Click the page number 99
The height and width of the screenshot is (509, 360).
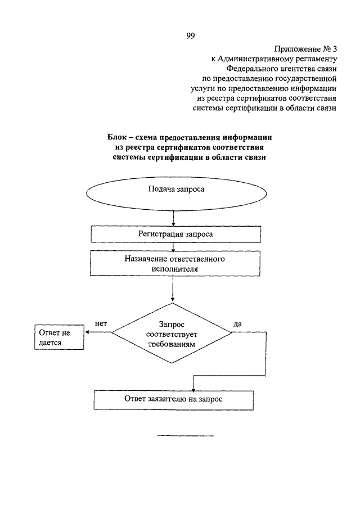[x=191, y=35]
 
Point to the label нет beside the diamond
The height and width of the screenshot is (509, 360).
[x=101, y=323]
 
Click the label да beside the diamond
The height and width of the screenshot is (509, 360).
[x=237, y=324]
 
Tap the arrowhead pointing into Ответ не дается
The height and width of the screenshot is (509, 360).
[x=87, y=332]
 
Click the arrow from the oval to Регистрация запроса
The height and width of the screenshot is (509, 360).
[x=173, y=218]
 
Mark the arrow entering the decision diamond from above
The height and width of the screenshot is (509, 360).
[x=172, y=289]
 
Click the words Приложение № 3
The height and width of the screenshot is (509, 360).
[x=305, y=49]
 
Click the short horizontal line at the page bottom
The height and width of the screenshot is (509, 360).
[x=186, y=436]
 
